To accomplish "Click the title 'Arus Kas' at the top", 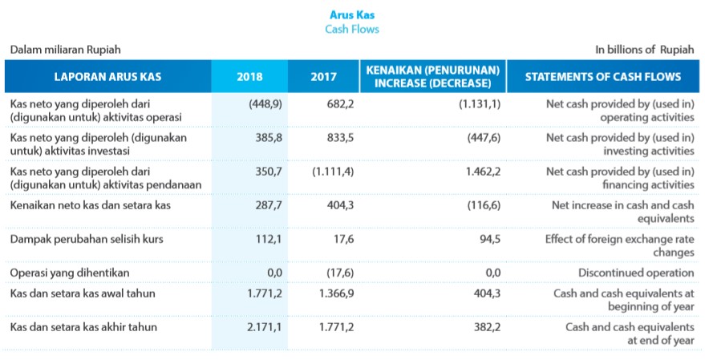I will coord(352,14).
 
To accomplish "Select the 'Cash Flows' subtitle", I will coord(352,29).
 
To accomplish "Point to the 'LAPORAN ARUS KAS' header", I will coord(107,77).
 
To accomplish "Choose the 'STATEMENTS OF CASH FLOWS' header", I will coord(602,77).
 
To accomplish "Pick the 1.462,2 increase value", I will coord(483,171).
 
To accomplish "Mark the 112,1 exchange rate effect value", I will coord(266,238).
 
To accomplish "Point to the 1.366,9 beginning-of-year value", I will coord(335,293).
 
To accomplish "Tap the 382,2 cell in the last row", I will coord(485,327).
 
